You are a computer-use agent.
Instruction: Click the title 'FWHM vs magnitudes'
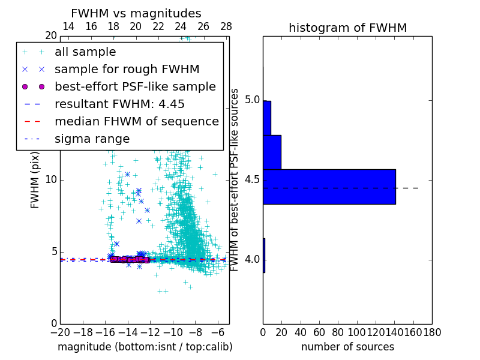pos(136,13)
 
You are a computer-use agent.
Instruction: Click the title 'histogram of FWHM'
pos(347,28)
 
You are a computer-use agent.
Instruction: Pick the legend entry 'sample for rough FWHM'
pos(127,70)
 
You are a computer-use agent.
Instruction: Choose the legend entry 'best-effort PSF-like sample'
pos(135,86)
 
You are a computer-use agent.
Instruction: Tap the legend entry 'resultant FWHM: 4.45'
pos(119,104)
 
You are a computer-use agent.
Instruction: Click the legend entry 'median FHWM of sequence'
pos(136,121)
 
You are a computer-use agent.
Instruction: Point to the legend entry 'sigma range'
pos(92,139)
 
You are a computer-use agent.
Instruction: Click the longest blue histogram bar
pos(329,187)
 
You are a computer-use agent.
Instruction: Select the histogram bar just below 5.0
pos(266,118)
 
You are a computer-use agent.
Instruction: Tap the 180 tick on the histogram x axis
pos(432,331)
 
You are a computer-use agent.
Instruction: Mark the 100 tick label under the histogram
pos(357,331)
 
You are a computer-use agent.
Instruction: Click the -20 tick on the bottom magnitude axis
pos(60,331)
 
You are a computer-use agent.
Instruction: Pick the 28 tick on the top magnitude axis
pos(226,26)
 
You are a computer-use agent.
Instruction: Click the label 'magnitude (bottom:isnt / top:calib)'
pos(145,347)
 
